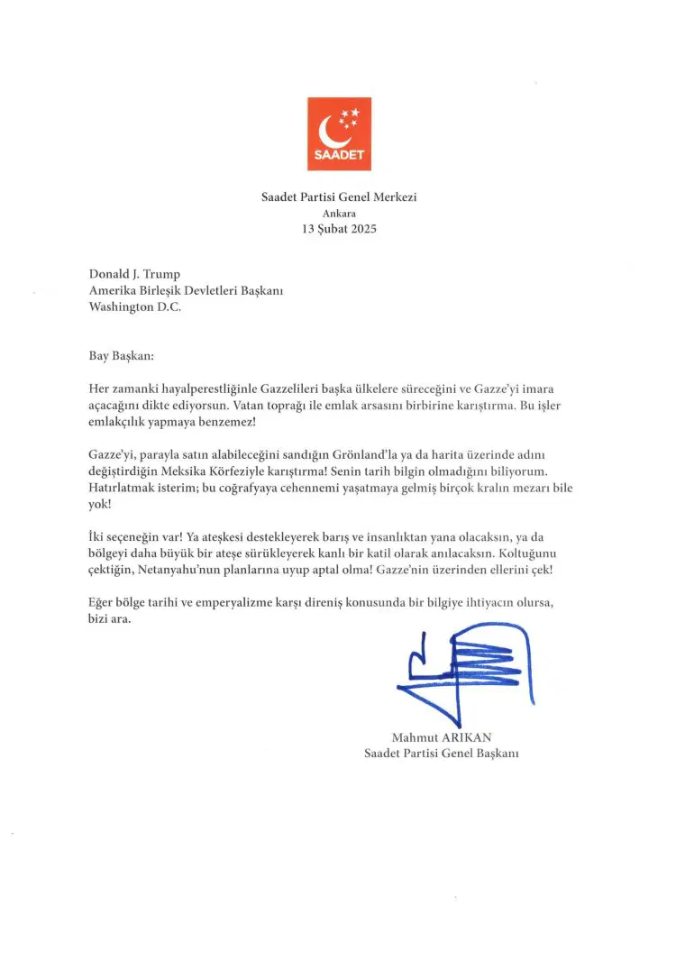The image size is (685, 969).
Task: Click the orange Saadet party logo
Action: [x=339, y=133]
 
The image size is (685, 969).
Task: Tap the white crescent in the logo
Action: [x=331, y=132]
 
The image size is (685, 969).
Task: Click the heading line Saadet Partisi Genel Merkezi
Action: [x=338, y=197]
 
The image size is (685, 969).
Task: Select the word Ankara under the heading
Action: [x=338, y=213]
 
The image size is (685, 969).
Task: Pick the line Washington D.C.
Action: [x=135, y=306]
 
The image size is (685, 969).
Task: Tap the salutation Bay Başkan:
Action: [x=122, y=357]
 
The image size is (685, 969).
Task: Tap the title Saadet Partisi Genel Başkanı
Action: [x=441, y=753]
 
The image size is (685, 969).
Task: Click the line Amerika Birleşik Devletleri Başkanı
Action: [x=186, y=290]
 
